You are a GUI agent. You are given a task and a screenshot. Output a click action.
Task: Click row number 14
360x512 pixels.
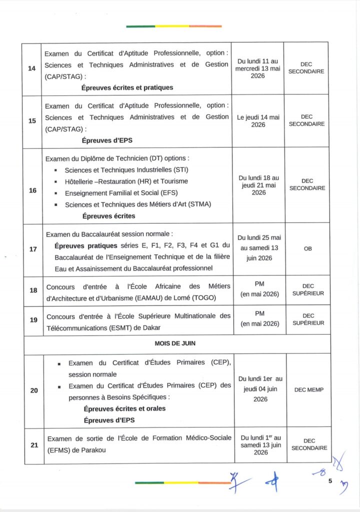tap(32, 68)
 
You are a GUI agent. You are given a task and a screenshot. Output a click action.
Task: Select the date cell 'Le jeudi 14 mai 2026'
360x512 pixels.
tap(258, 121)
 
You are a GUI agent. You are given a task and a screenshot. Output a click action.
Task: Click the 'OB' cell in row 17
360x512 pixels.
tap(307, 248)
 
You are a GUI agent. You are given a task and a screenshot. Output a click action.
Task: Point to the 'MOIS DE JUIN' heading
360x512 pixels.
tap(175, 344)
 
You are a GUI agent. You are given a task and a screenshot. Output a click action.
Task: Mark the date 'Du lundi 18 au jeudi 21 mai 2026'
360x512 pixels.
tap(258, 185)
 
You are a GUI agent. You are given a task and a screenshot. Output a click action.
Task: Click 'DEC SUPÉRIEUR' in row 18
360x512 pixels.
tap(308, 290)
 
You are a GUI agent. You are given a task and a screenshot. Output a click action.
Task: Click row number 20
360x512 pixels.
tap(34, 390)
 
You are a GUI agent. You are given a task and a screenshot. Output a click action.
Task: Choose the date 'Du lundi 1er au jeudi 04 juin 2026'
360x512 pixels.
tap(260, 389)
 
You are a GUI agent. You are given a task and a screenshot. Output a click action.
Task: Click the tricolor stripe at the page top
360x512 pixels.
tap(173, 26)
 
